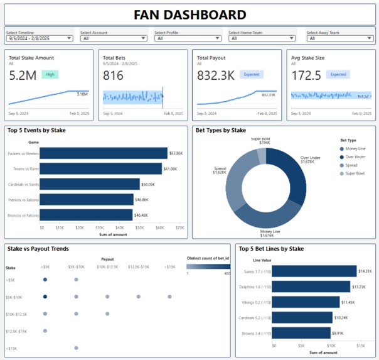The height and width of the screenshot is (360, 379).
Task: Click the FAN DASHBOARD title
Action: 189,15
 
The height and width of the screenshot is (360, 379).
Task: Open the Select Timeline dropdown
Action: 40,38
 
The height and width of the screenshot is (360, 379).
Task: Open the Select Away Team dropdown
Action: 339,38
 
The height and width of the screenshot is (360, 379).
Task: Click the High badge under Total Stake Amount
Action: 50,74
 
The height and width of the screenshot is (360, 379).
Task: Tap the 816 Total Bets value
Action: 114,75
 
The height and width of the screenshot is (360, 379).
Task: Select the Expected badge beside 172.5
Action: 338,74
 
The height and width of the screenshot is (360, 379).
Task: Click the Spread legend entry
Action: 351,165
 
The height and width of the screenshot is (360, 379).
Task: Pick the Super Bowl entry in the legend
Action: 355,173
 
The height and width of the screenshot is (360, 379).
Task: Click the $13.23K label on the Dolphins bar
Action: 361,286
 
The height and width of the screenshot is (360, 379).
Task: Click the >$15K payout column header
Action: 169,266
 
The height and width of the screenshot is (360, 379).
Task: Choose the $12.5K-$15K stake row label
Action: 16,330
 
